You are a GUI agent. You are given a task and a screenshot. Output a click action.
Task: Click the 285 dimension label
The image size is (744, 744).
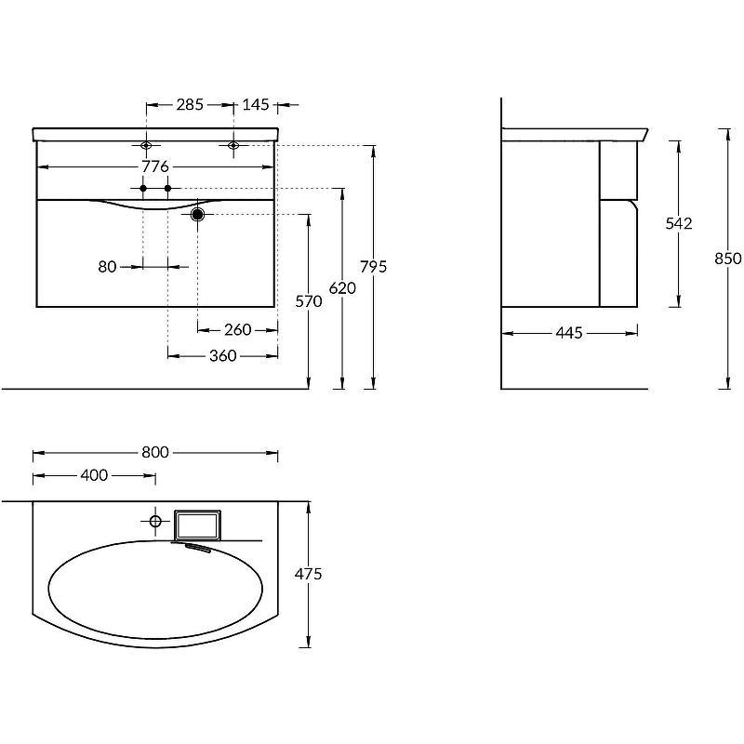pyautogui.click(x=190, y=104)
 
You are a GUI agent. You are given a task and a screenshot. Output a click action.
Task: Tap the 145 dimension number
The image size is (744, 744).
pyautogui.click(x=256, y=104)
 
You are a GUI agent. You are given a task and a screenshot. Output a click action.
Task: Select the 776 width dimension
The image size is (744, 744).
pyautogui.click(x=155, y=166)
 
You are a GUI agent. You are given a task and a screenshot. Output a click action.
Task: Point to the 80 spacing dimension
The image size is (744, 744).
pyautogui.click(x=107, y=267)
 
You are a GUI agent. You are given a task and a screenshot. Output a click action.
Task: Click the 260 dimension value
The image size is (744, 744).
pyautogui.click(x=238, y=329)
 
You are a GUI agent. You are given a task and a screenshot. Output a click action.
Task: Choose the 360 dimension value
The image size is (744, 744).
pyautogui.click(x=223, y=355)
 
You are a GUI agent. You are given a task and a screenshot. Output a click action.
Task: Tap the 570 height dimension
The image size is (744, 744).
pyautogui.click(x=309, y=301)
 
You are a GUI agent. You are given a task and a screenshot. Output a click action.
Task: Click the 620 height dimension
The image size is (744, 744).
pyautogui.click(x=342, y=288)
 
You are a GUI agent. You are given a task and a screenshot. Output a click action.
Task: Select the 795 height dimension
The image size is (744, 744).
pyautogui.click(x=374, y=267)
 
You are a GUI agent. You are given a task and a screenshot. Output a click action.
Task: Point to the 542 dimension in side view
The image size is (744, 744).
pyautogui.click(x=679, y=223)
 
